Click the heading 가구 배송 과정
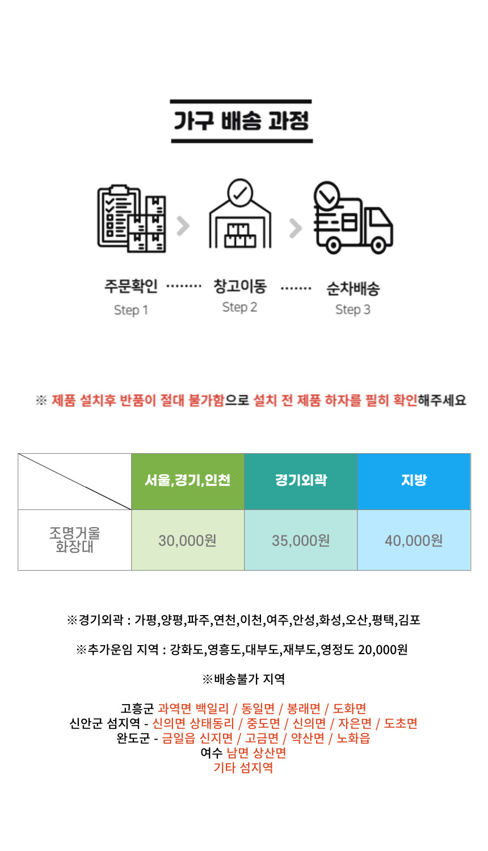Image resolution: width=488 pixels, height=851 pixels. [x=241, y=121]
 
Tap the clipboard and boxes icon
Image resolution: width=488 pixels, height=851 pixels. [x=132, y=218]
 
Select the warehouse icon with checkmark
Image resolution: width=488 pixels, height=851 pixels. [x=240, y=214]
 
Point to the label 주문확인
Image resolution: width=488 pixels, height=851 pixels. [x=131, y=286]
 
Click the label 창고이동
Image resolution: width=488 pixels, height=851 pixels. [x=239, y=286]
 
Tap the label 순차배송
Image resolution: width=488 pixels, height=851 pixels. [x=352, y=289]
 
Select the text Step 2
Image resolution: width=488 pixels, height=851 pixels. [x=239, y=307]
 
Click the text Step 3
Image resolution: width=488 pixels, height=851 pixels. [x=352, y=310]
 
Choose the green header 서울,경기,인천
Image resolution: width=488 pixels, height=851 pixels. [x=188, y=481]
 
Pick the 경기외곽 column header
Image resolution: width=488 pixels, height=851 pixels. [x=301, y=481]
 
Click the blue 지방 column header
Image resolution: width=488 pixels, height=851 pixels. [x=414, y=481]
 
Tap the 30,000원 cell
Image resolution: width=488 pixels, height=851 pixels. [x=188, y=541]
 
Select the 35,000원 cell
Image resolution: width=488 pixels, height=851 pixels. [x=301, y=541]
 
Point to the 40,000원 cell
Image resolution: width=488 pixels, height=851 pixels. [x=414, y=541]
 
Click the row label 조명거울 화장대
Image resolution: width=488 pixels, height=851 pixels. [x=74, y=540]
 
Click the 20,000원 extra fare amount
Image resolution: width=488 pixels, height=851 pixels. [x=383, y=650]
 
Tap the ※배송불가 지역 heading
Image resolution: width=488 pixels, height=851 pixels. [x=243, y=679]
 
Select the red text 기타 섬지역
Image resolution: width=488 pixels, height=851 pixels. [x=243, y=768]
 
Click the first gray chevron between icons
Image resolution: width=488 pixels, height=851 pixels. [x=183, y=226]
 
